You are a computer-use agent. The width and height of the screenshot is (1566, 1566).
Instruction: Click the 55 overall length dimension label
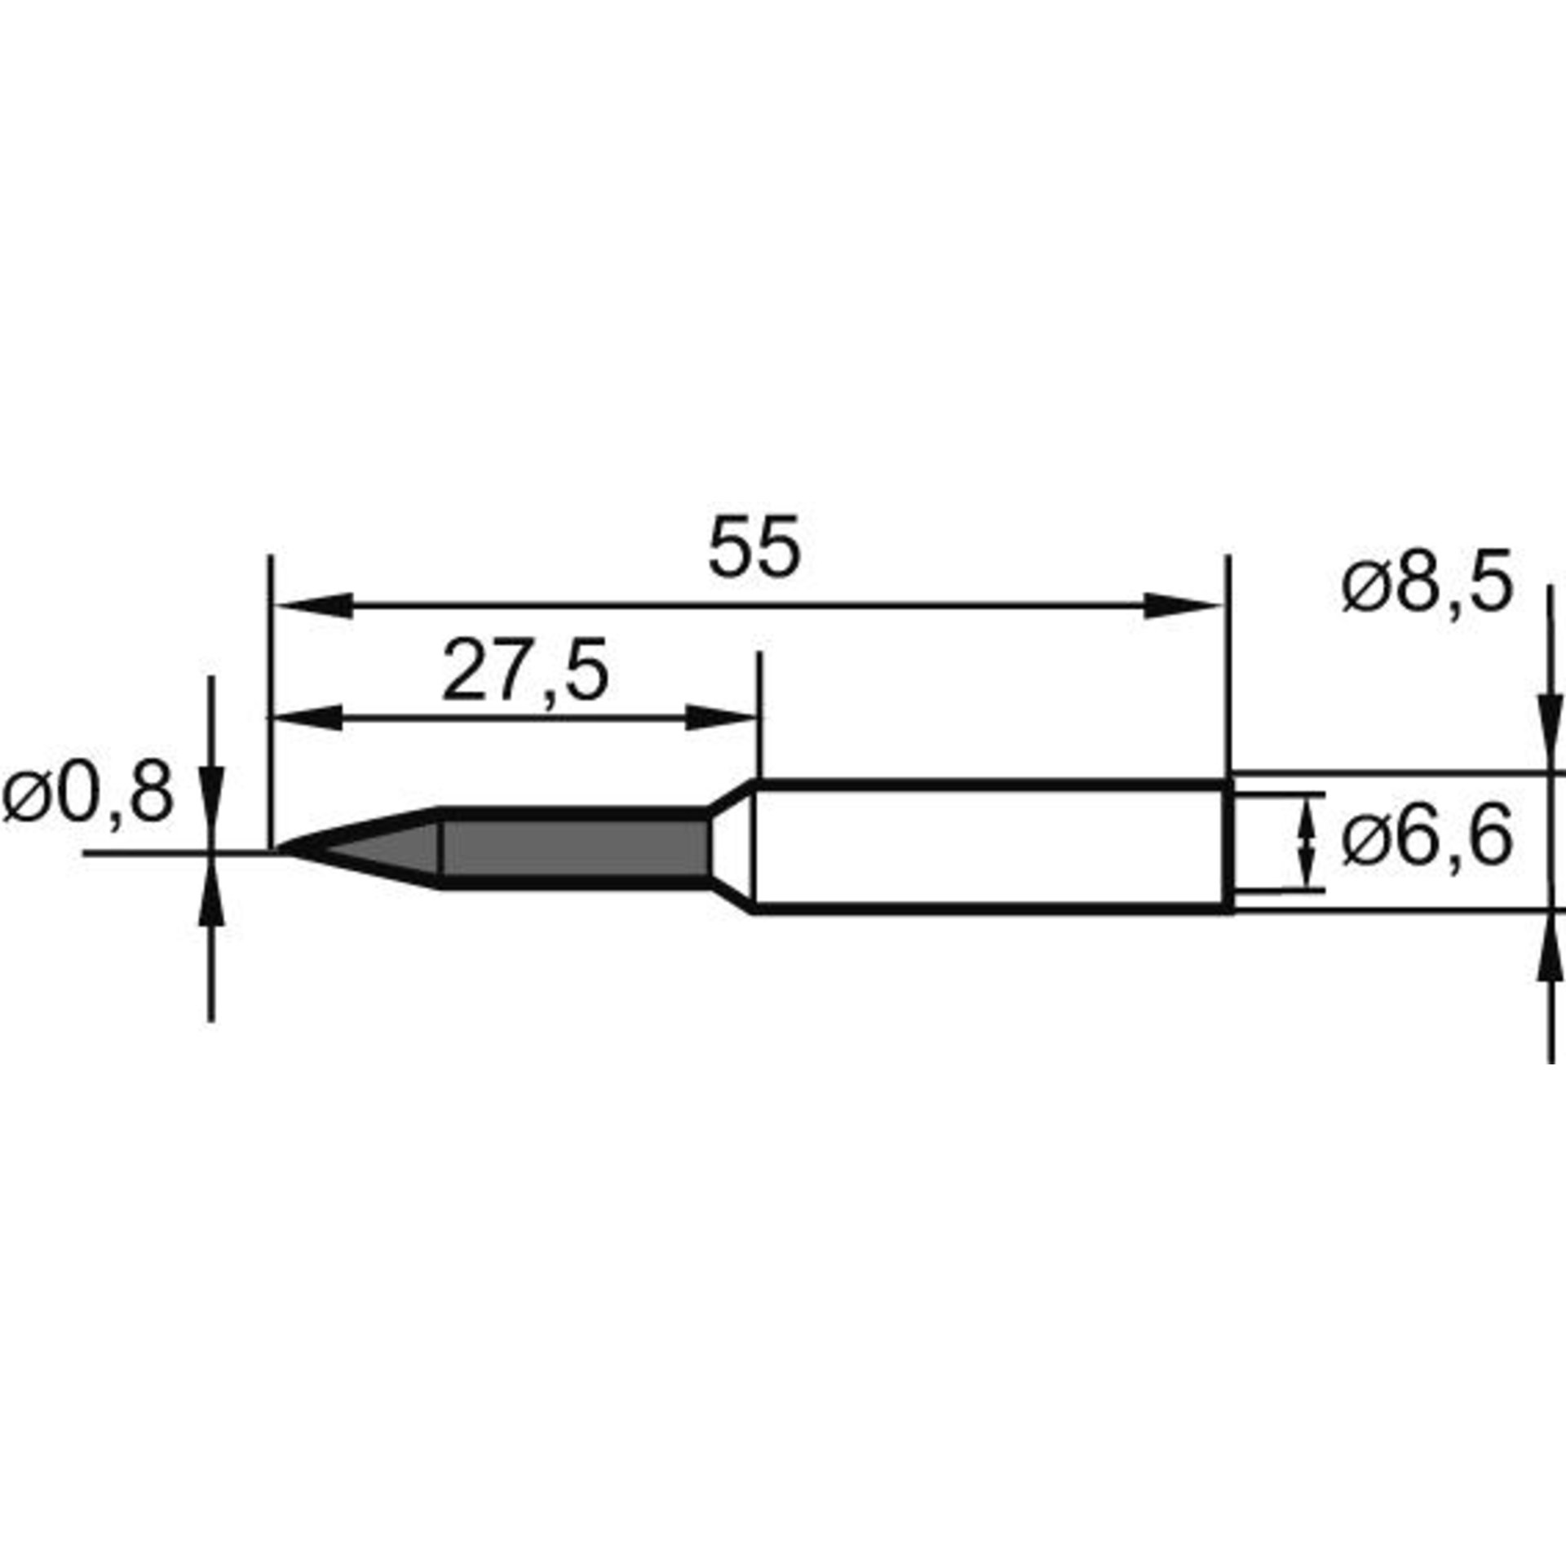click(x=754, y=547)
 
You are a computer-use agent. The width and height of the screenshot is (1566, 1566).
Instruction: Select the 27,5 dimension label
click(x=525, y=671)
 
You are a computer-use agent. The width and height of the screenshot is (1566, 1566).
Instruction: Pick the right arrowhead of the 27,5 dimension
click(x=721, y=718)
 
